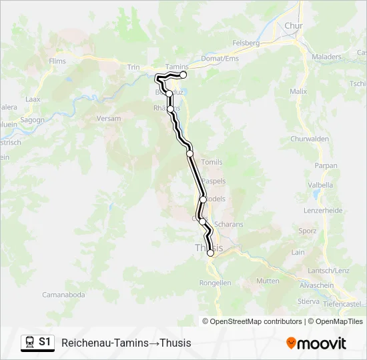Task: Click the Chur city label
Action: pos(294,26)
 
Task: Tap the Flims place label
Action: pos(57,61)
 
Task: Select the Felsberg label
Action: pos(246,43)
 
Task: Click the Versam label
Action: pos(109,119)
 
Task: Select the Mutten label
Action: pos(268,281)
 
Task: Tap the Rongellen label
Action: pos(215,283)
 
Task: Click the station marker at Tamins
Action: pos(183,75)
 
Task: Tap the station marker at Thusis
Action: pos(211,253)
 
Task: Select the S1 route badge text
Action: pos(45,342)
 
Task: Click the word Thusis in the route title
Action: pos(176,343)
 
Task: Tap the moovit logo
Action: pos(316,343)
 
